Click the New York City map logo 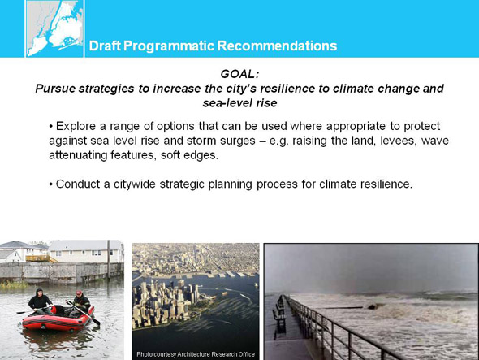(x=54, y=28)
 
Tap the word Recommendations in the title (x=277, y=46)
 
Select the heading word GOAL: (x=239, y=74)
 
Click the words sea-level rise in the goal (x=239, y=103)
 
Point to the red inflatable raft (x=58, y=319)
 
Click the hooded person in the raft (x=40, y=301)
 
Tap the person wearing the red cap (x=80, y=303)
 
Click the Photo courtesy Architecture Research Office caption (x=196, y=354)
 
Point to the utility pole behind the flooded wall (x=109, y=260)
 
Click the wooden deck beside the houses (x=41, y=258)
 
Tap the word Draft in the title (x=105, y=46)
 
